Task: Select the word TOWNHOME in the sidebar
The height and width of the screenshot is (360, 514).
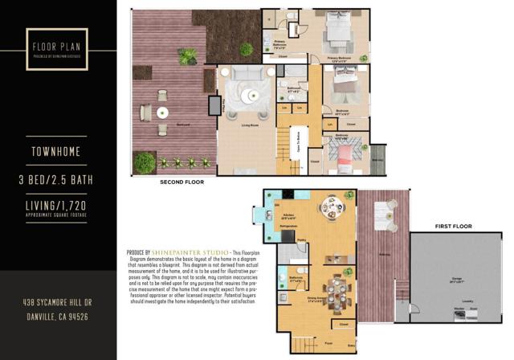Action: click(58, 150)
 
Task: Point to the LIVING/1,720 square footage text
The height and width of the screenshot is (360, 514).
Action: click(58, 207)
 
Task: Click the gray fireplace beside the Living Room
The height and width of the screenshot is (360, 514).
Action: click(214, 107)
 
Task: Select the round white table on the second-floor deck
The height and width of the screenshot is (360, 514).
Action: click(161, 112)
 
